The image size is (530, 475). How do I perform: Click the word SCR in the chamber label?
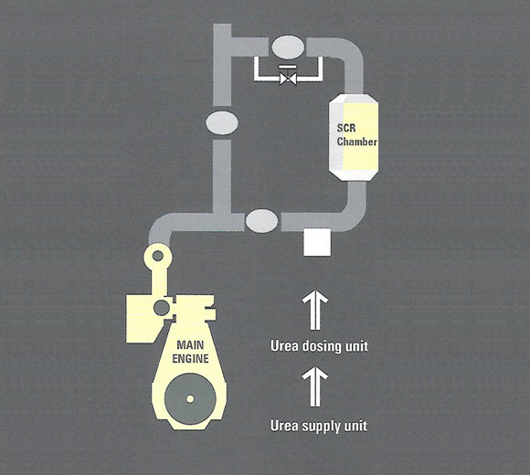click(346, 129)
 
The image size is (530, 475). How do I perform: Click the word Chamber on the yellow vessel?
click(357, 142)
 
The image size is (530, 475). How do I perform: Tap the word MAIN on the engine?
click(190, 345)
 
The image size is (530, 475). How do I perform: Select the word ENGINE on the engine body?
click(190, 358)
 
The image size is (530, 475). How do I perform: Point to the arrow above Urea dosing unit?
click(315, 310)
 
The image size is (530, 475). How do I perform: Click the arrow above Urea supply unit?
click(315, 387)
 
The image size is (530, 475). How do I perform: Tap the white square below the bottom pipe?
click(317, 242)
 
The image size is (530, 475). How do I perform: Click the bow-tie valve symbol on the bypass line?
click(289, 79)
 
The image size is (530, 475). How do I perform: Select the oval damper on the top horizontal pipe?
click(288, 47)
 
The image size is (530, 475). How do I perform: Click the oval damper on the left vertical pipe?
click(222, 123)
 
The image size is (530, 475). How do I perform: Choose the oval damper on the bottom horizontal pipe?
click(261, 221)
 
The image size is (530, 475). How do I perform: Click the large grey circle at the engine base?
click(190, 398)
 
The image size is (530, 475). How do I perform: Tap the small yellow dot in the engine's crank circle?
click(190, 399)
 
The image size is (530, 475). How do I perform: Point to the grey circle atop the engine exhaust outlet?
click(158, 256)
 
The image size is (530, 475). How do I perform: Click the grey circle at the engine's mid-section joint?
click(162, 308)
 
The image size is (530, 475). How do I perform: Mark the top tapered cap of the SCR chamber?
click(354, 98)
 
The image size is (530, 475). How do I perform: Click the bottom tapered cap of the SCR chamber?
click(354, 175)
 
